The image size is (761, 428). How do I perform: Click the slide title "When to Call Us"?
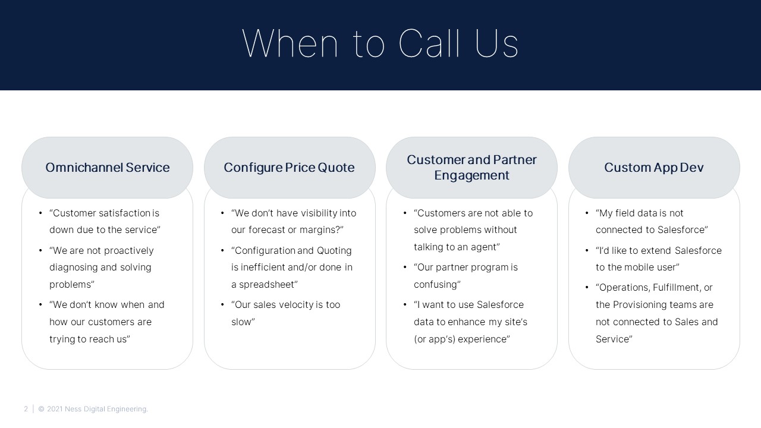pos(380,43)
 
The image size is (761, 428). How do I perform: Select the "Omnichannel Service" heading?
pos(108,168)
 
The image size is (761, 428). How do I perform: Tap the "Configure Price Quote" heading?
pos(289,168)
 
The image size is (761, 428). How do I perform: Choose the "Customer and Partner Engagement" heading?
pos(471,168)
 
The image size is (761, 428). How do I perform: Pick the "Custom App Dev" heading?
pos(653,168)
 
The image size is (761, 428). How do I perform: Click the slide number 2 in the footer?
pos(26,409)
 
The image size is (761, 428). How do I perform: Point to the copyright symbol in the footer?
pos(41,409)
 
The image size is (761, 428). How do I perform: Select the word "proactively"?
pos(129,251)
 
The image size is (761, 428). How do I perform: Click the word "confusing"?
pos(436,284)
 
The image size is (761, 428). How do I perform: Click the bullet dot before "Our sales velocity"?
pos(222,305)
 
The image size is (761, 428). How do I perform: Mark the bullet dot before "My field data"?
pos(587,213)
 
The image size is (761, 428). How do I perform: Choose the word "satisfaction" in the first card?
pos(118,213)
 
